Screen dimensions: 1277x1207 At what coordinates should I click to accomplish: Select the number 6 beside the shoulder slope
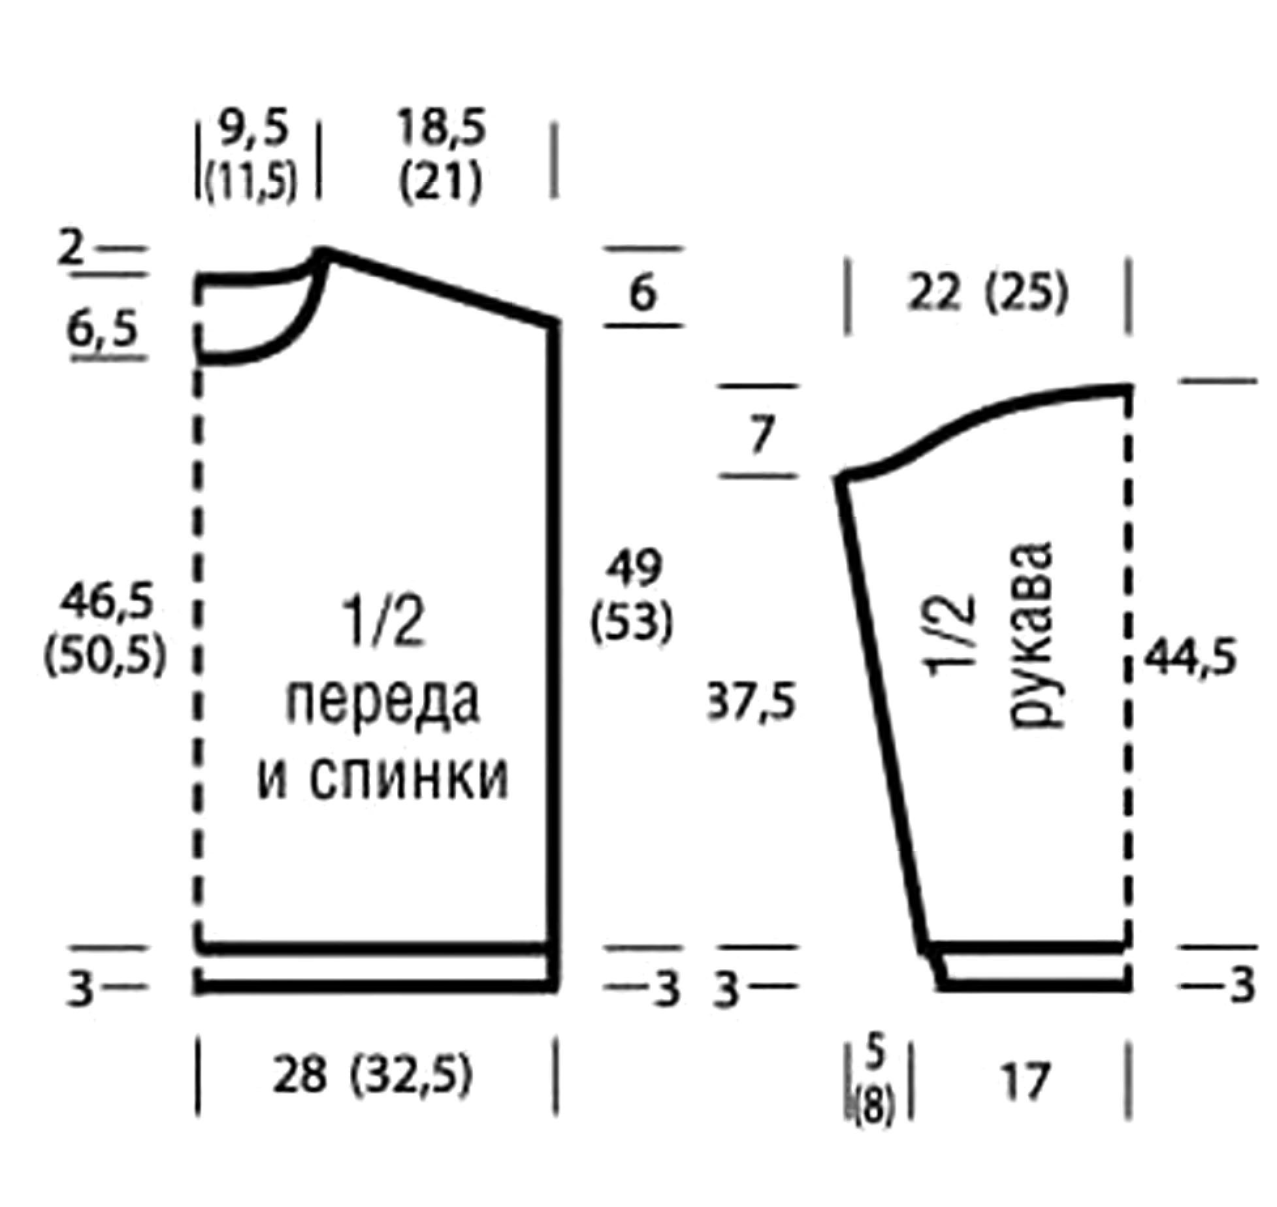point(643,294)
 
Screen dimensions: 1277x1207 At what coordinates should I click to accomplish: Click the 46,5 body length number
point(106,600)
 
